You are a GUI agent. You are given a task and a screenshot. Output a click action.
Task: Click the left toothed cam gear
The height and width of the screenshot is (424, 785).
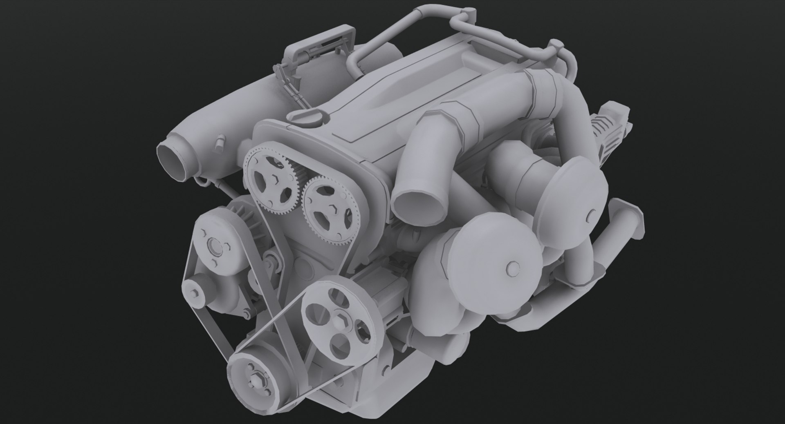[269, 179]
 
